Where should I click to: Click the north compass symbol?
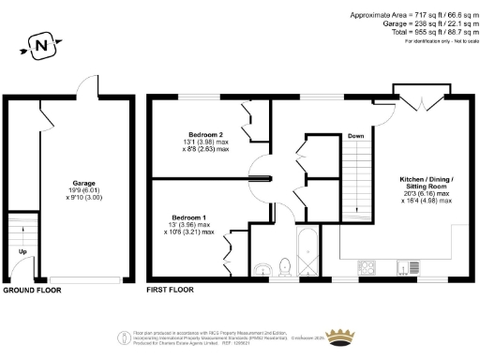pyautogui.click(x=39, y=43)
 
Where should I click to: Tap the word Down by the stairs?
pyautogui.click(x=355, y=137)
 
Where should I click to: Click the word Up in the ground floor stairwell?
pyautogui.click(x=22, y=252)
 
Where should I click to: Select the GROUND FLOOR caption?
pyautogui.click(x=33, y=291)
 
